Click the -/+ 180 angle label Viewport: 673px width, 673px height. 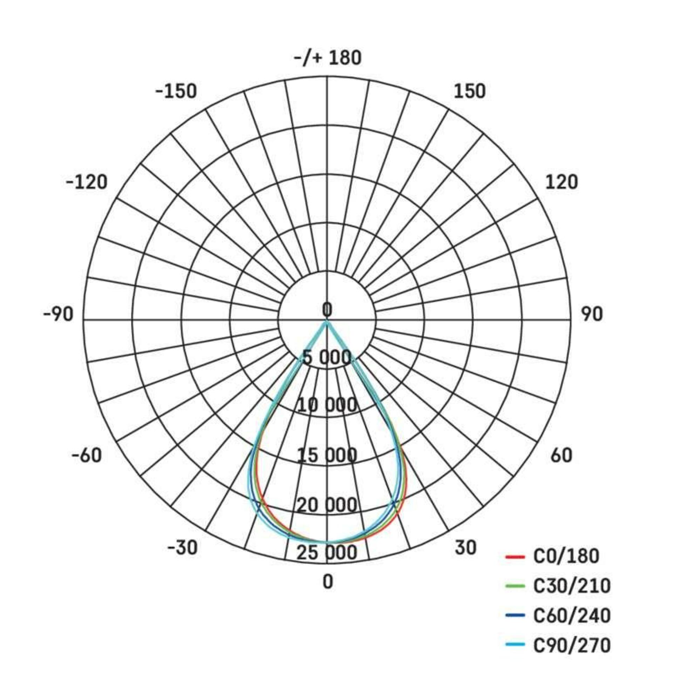tap(327, 58)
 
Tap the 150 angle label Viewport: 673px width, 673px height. tap(470, 91)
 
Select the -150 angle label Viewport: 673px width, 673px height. tap(176, 91)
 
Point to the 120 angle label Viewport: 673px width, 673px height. tap(561, 183)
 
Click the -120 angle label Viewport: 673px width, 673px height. tap(87, 183)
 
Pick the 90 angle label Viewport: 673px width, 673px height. tap(592, 314)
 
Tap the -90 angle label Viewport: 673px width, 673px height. tap(58, 314)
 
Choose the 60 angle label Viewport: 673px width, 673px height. tap(561, 455)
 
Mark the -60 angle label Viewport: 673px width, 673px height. tap(87, 455)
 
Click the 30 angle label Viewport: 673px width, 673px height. tap(465, 547)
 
